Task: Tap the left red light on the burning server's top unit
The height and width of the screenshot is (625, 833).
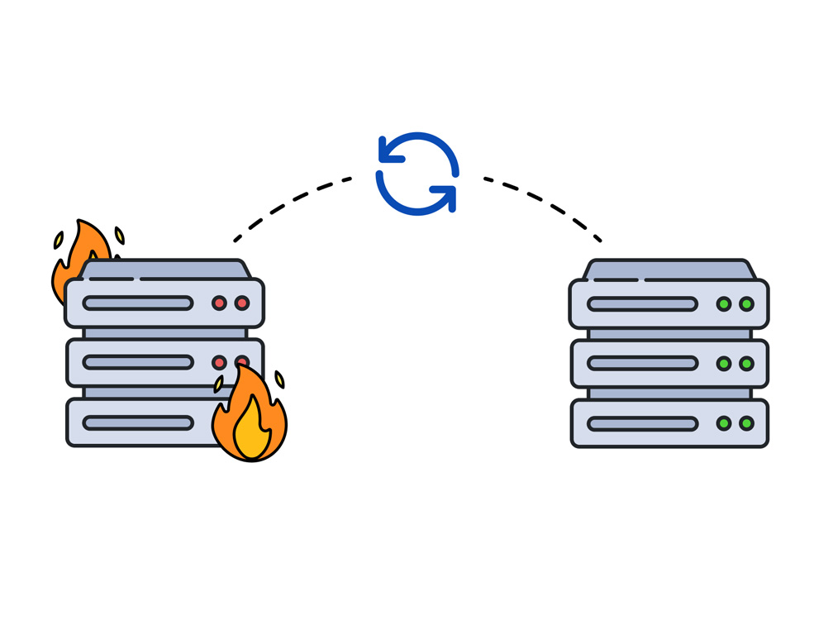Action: pyautogui.click(x=219, y=303)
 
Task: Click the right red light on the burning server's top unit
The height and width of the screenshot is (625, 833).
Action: pyautogui.click(x=242, y=303)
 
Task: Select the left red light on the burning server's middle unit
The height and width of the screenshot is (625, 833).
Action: pyautogui.click(x=219, y=363)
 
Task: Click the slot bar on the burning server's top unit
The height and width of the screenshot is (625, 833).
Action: pyautogui.click(x=138, y=303)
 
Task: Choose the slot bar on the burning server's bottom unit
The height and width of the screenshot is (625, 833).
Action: pyautogui.click(x=138, y=423)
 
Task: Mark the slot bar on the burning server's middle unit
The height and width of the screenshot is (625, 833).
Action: pyautogui.click(x=138, y=363)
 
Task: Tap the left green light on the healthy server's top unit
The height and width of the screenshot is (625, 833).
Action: pyautogui.click(x=724, y=304)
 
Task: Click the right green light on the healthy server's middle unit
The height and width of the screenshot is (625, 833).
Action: pyautogui.click(x=746, y=364)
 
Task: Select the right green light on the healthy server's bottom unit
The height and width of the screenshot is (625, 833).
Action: pyautogui.click(x=746, y=424)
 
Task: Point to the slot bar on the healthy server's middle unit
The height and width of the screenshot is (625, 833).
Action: pyautogui.click(x=642, y=364)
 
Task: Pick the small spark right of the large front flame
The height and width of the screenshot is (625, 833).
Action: pyautogui.click(x=279, y=379)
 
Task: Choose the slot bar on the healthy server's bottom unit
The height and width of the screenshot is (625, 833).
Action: pyautogui.click(x=642, y=424)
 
